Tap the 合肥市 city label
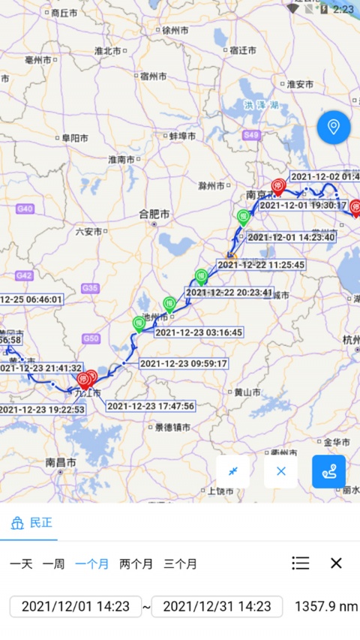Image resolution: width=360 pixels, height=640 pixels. (154, 214)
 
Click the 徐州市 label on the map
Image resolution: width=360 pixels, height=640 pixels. (175, 31)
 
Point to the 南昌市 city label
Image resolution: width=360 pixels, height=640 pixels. (61, 463)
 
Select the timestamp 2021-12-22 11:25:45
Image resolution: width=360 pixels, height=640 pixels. (261, 265)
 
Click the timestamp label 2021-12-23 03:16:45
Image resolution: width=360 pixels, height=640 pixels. (199, 332)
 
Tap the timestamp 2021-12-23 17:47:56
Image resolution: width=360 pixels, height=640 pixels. (151, 406)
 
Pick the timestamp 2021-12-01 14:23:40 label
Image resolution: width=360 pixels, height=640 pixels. (291, 237)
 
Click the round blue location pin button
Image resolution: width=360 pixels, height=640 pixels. (334, 127)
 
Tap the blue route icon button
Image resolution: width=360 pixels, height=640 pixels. (328, 472)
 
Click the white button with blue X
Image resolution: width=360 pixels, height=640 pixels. (280, 472)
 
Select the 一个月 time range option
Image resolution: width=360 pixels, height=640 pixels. (92, 563)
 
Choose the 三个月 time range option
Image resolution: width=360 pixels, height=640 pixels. (180, 563)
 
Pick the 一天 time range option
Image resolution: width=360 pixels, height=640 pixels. (21, 563)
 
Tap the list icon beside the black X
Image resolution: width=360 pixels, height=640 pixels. (301, 563)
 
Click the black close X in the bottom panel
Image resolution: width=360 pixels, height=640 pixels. (336, 563)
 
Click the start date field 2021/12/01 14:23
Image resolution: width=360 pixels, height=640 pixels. (76, 606)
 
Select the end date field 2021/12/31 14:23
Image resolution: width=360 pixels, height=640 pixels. (217, 606)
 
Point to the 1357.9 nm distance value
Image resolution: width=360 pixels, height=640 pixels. (326, 606)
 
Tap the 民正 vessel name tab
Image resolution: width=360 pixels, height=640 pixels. (33, 523)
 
